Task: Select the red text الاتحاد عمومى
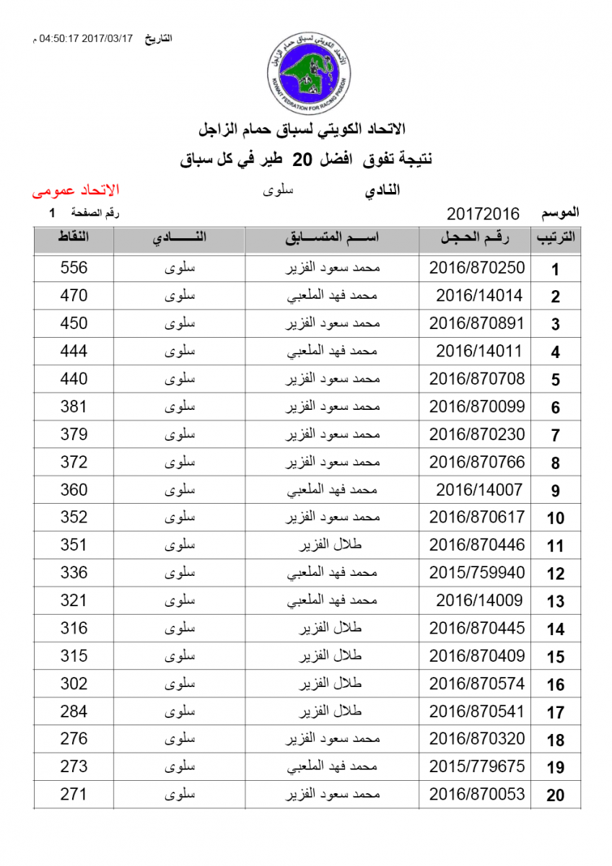(76, 191)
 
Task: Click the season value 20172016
(483, 214)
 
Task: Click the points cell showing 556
(74, 268)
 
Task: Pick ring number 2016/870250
(477, 268)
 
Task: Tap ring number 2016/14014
(479, 295)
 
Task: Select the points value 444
(74, 351)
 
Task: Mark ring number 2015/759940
(477, 573)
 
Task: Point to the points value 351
(74, 545)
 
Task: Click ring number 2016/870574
(477, 683)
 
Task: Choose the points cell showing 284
(74, 712)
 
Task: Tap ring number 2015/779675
(477, 767)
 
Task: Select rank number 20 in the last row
(555, 796)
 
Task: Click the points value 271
(74, 795)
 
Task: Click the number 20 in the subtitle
(301, 159)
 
